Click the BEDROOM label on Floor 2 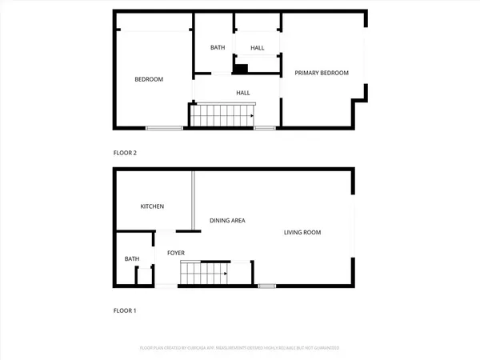tap(149, 79)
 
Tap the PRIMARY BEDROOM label tap(322, 73)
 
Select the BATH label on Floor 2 tap(218, 48)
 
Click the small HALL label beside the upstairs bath tap(257, 48)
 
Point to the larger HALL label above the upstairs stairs tap(244, 93)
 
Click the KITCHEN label tap(152, 206)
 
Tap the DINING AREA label tap(227, 220)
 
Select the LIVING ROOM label tap(302, 233)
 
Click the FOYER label tap(176, 253)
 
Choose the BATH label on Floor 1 tap(131, 258)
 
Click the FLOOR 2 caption tap(126, 152)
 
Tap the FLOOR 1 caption tap(125, 310)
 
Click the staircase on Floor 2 tap(222, 116)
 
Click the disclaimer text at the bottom tap(240, 348)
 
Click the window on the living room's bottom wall tap(266, 286)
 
